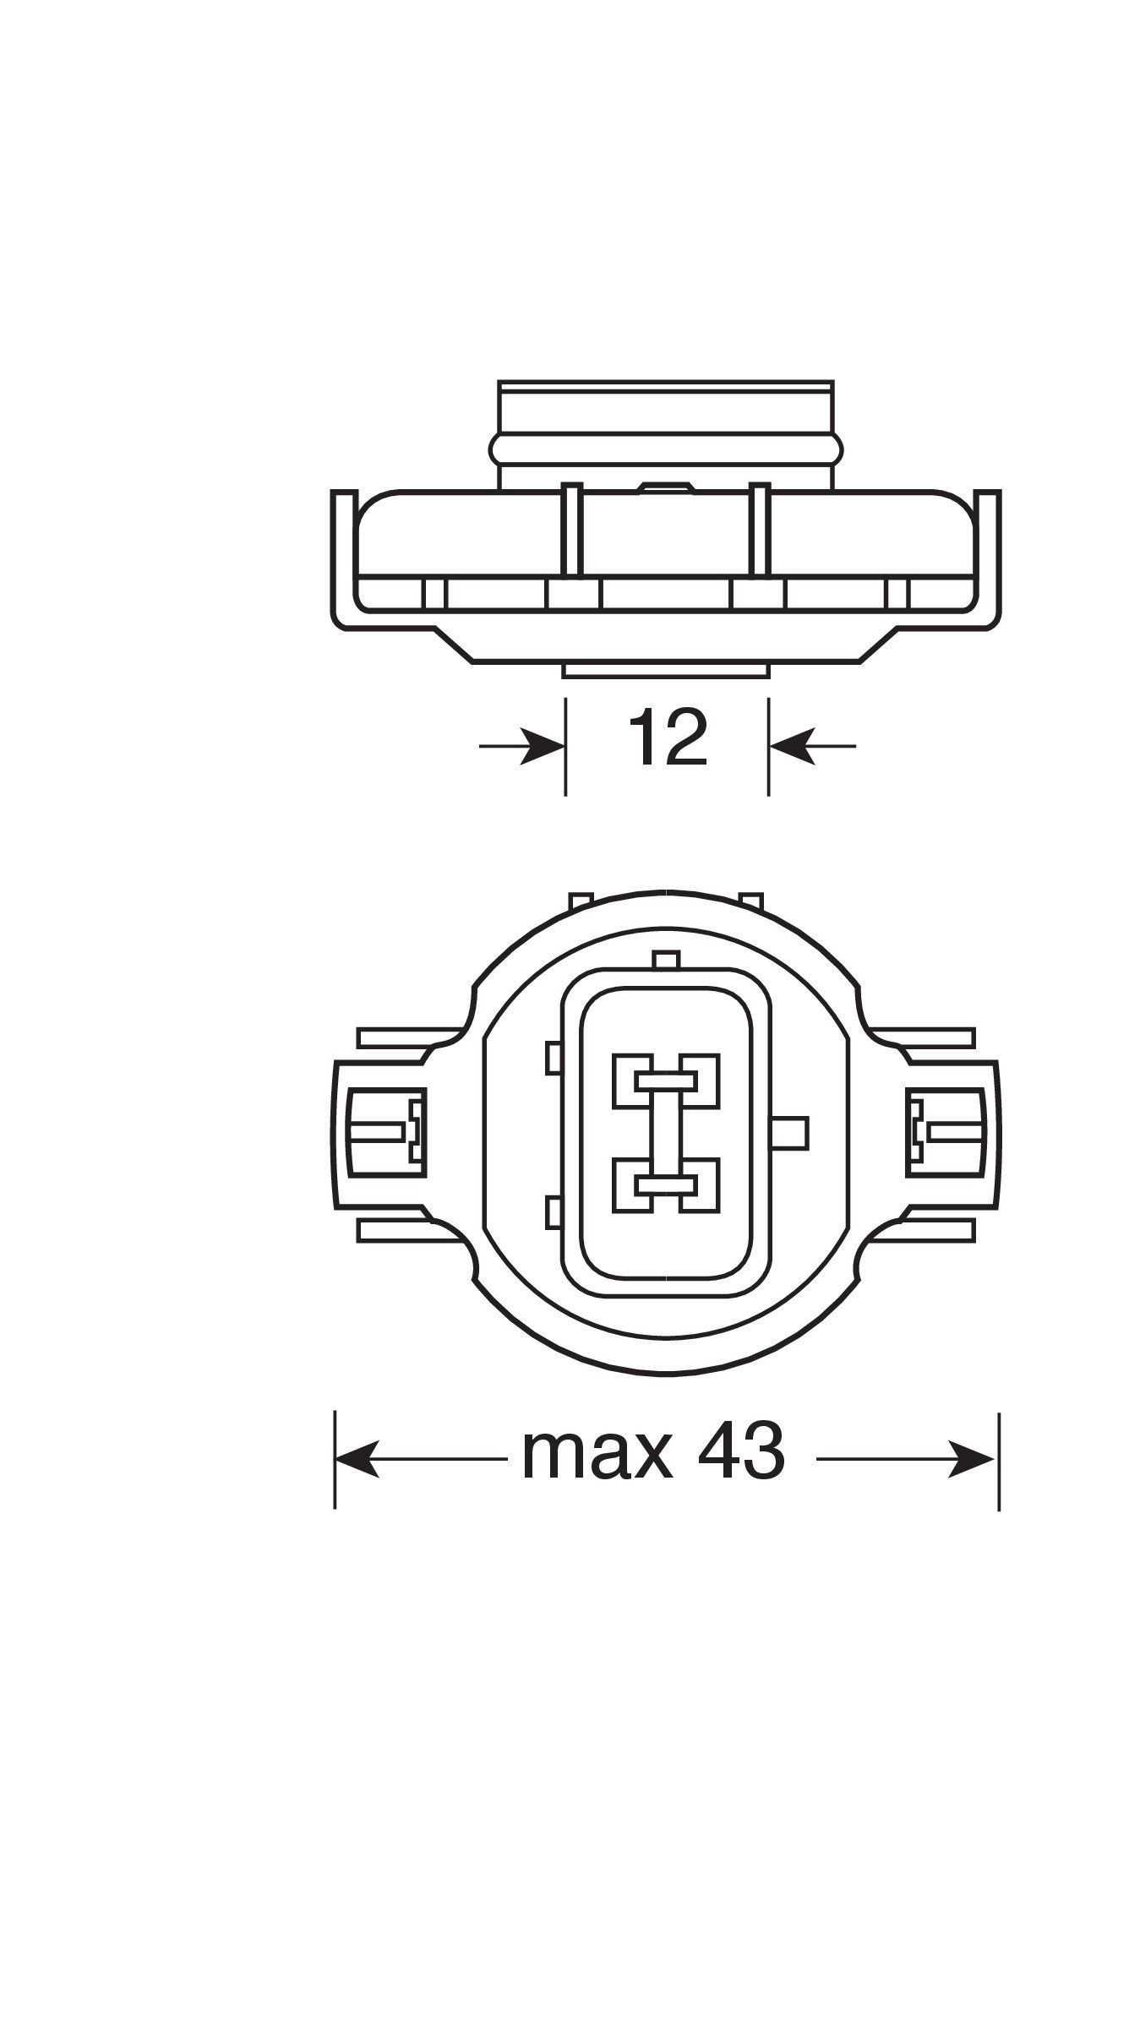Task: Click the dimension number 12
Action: (x=668, y=738)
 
